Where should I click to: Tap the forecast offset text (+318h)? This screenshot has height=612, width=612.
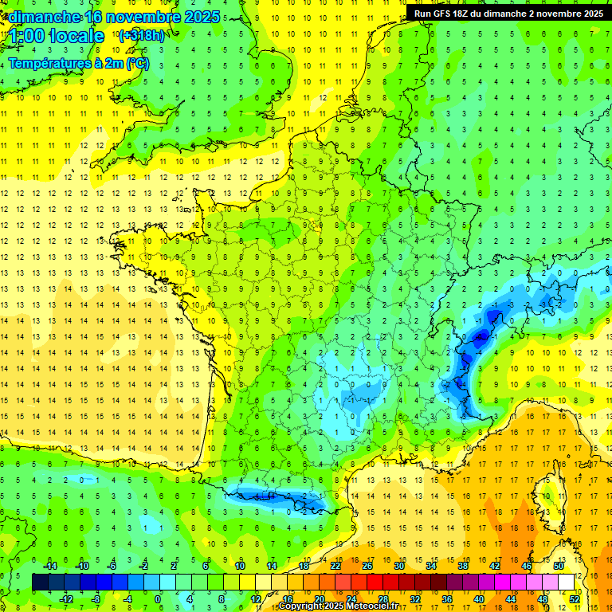point(142,36)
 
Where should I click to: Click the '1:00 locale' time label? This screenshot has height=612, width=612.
point(57,36)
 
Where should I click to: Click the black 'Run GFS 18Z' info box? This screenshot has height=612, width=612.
point(508,14)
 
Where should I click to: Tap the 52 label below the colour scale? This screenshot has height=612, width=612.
point(575,598)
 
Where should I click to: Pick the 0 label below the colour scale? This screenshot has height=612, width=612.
point(159,598)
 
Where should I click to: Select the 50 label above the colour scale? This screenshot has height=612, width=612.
point(559,565)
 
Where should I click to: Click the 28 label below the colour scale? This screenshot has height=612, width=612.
point(382,598)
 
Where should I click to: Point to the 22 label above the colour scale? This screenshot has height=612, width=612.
point(335,565)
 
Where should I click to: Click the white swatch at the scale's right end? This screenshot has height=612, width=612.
point(567,582)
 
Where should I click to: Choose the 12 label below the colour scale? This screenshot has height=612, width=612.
point(255,598)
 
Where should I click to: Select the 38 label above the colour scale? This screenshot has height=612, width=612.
point(463,565)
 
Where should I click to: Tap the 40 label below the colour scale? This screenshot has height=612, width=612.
point(479,598)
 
